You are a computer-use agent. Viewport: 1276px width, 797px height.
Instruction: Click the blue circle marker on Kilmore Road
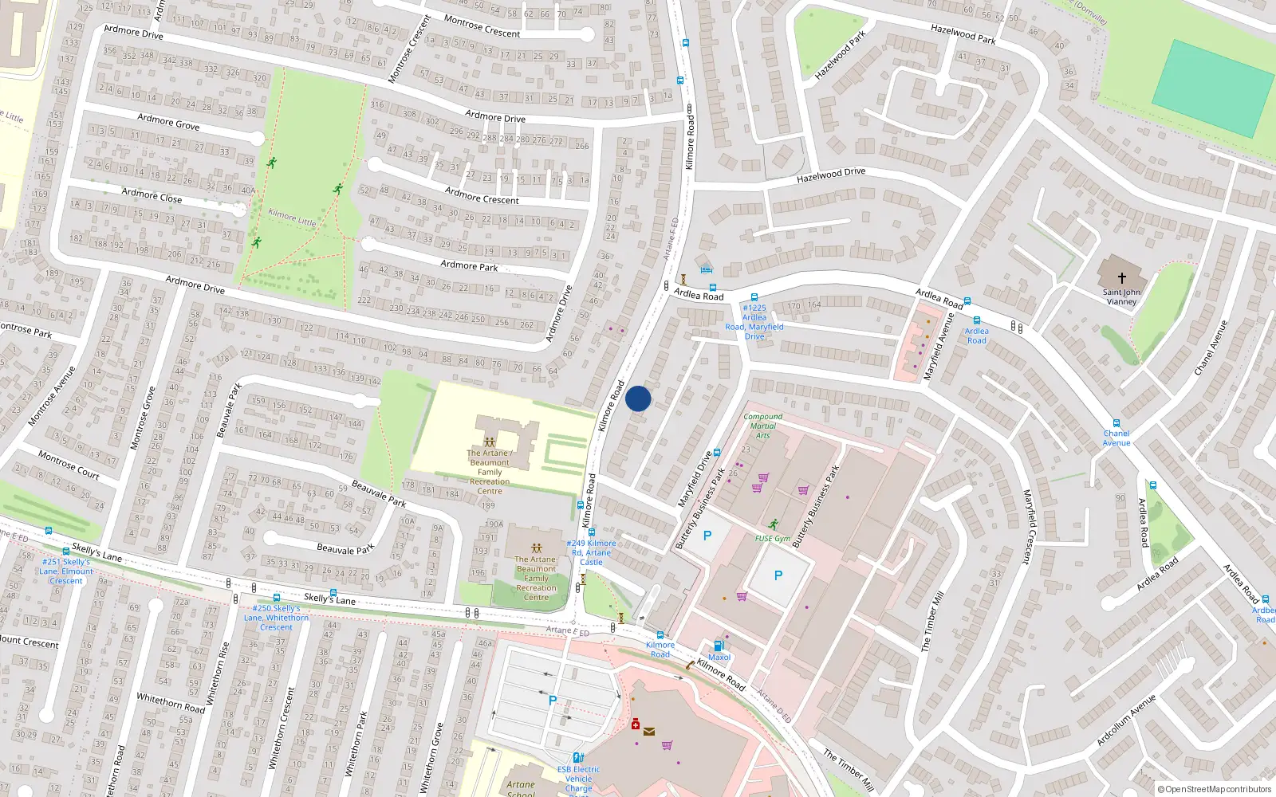638,398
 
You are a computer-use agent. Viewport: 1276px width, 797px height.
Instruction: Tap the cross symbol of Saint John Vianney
1121,278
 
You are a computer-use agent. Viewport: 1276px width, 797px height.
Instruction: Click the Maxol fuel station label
719,658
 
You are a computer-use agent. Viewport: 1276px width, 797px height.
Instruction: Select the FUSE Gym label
772,539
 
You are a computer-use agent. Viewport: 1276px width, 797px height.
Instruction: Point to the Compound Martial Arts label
762,426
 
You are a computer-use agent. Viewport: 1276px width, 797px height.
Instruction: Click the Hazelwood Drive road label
830,175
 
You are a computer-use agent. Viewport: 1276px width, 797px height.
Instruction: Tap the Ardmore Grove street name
168,121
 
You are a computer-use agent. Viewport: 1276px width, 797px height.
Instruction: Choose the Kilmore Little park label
292,218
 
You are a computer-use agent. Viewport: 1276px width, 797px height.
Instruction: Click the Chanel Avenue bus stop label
1116,438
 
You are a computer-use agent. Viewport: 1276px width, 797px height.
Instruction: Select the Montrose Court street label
69,465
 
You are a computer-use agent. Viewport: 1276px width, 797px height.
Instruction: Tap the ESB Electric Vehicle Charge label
579,779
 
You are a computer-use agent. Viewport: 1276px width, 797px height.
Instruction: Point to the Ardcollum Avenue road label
1125,720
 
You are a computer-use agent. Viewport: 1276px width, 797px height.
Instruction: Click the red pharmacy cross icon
635,724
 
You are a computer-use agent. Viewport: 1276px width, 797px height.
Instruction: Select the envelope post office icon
649,732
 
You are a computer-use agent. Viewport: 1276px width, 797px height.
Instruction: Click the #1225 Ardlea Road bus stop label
754,322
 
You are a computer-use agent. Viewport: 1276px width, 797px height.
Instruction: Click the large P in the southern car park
553,701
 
